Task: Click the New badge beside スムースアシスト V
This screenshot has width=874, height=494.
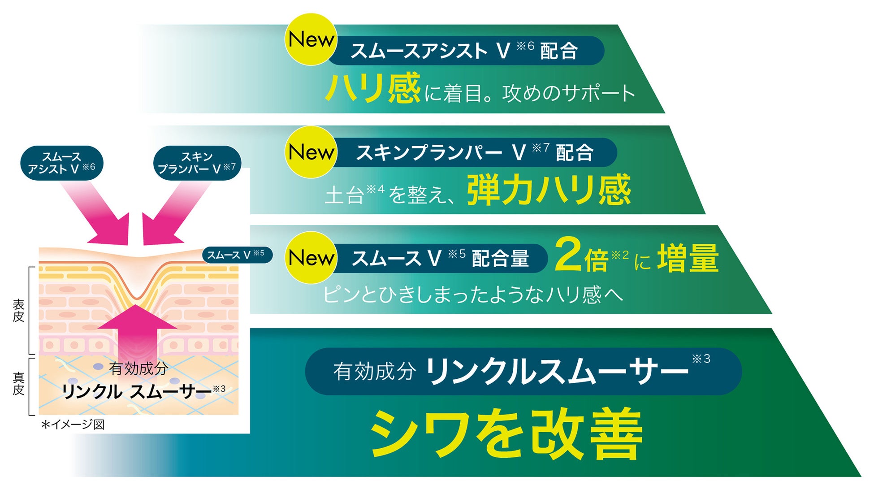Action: pyautogui.click(x=311, y=39)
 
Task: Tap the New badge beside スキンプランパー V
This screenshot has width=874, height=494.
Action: pyautogui.click(x=311, y=152)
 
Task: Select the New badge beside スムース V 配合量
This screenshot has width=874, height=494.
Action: pyautogui.click(x=311, y=258)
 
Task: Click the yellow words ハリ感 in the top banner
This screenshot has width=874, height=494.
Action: pyautogui.click(x=373, y=89)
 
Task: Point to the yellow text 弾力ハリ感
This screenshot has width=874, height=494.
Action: pyautogui.click(x=549, y=190)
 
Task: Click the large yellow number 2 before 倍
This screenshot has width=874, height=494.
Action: pyautogui.click(x=568, y=255)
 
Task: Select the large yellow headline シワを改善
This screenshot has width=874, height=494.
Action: pyautogui.click(x=506, y=434)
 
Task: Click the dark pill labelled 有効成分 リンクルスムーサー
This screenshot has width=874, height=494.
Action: pyautogui.click(x=523, y=372)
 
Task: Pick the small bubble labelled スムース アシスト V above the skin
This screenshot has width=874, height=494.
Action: pyautogui.click(x=62, y=163)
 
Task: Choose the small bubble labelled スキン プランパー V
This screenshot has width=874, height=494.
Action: pyautogui.click(x=197, y=163)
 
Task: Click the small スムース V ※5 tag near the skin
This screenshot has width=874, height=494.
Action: pyautogui.click(x=236, y=255)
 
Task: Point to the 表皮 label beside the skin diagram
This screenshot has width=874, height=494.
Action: pyautogui.click(x=18, y=311)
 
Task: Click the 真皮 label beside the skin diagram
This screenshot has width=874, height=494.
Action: pyautogui.click(x=18, y=384)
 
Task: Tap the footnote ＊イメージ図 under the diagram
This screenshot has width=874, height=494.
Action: pyautogui.click(x=73, y=424)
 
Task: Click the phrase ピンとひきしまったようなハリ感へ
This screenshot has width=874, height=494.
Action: pyautogui.click(x=473, y=295)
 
